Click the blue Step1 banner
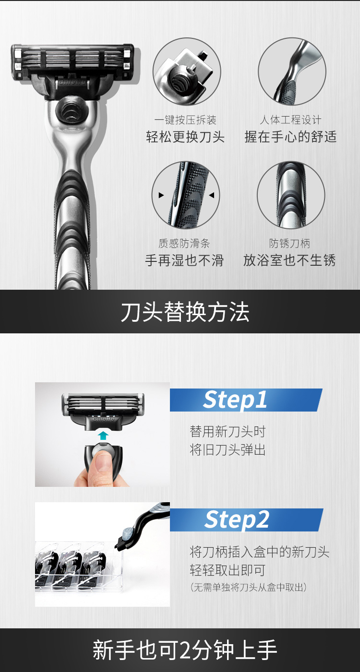point(246,400)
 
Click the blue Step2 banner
point(247,520)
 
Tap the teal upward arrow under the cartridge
point(103,436)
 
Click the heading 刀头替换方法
point(185,312)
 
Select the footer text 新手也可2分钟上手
point(184,649)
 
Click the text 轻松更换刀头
point(185,137)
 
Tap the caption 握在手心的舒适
point(290,137)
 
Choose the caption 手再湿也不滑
point(184,260)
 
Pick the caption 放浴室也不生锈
point(289,260)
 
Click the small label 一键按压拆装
point(185,120)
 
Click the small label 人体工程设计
point(290,120)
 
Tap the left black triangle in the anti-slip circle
point(161,195)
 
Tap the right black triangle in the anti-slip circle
point(212,195)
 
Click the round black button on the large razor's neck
point(71,112)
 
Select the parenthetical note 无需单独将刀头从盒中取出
point(248,587)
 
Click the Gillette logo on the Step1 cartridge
point(103,419)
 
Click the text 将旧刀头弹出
point(228,450)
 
